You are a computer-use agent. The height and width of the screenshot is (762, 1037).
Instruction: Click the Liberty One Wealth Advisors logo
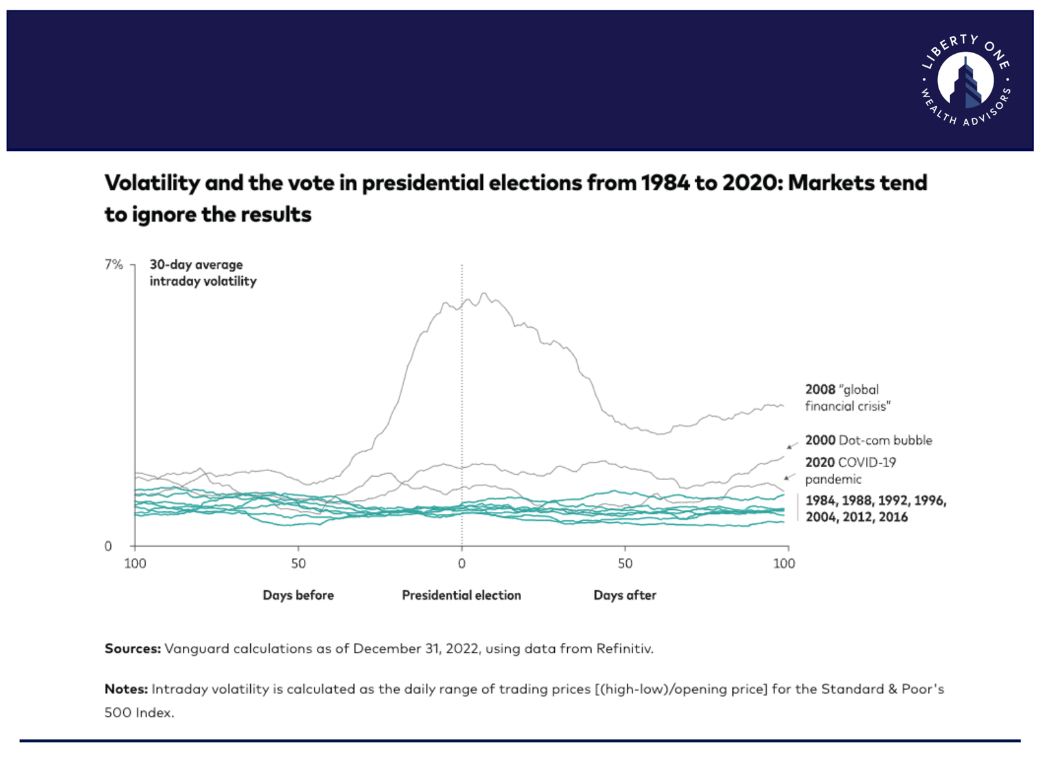click(x=965, y=80)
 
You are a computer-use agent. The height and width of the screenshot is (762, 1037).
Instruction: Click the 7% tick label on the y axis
click(x=113, y=264)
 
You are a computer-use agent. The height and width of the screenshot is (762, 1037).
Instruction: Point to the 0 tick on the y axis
click(x=108, y=546)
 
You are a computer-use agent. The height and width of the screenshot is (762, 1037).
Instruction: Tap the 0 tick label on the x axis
click(x=461, y=564)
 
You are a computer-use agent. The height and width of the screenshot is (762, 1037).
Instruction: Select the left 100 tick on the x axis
click(x=135, y=564)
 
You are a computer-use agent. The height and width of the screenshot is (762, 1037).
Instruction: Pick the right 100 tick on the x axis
click(x=784, y=564)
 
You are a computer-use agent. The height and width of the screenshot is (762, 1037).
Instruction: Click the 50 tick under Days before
click(x=298, y=564)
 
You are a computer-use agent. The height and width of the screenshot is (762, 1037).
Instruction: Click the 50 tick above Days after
click(x=625, y=564)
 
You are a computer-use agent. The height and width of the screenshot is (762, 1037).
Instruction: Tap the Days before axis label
click(x=298, y=595)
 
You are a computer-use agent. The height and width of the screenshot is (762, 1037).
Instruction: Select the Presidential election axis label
click(x=461, y=595)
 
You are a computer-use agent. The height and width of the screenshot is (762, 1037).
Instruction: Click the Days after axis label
click(x=625, y=595)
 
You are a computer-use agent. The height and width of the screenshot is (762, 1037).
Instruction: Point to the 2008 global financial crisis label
click(x=848, y=398)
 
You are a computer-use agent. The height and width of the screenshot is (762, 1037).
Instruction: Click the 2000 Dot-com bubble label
click(x=868, y=441)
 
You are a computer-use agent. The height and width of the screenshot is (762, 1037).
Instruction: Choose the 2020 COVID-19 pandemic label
click(x=850, y=470)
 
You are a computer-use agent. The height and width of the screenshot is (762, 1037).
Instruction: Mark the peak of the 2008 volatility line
click(x=483, y=294)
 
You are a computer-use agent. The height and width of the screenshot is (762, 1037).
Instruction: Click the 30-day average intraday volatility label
click(x=203, y=273)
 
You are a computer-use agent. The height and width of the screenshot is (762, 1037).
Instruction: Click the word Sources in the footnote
click(x=132, y=649)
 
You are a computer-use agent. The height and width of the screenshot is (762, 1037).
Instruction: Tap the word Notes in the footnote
click(x=126, y=689)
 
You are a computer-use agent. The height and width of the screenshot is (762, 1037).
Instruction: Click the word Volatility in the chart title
click(x=152, y=183)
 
